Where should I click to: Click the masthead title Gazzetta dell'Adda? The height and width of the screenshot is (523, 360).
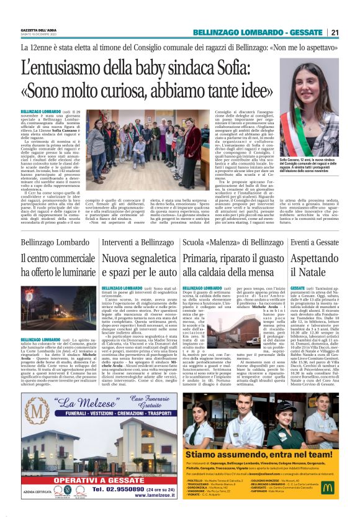click(38, 30)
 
